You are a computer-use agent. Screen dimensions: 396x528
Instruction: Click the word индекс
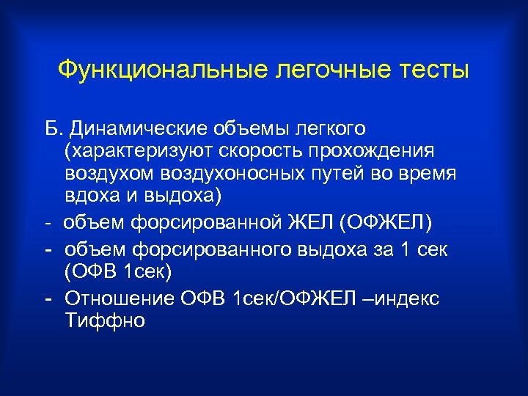[x=408, y=298]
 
